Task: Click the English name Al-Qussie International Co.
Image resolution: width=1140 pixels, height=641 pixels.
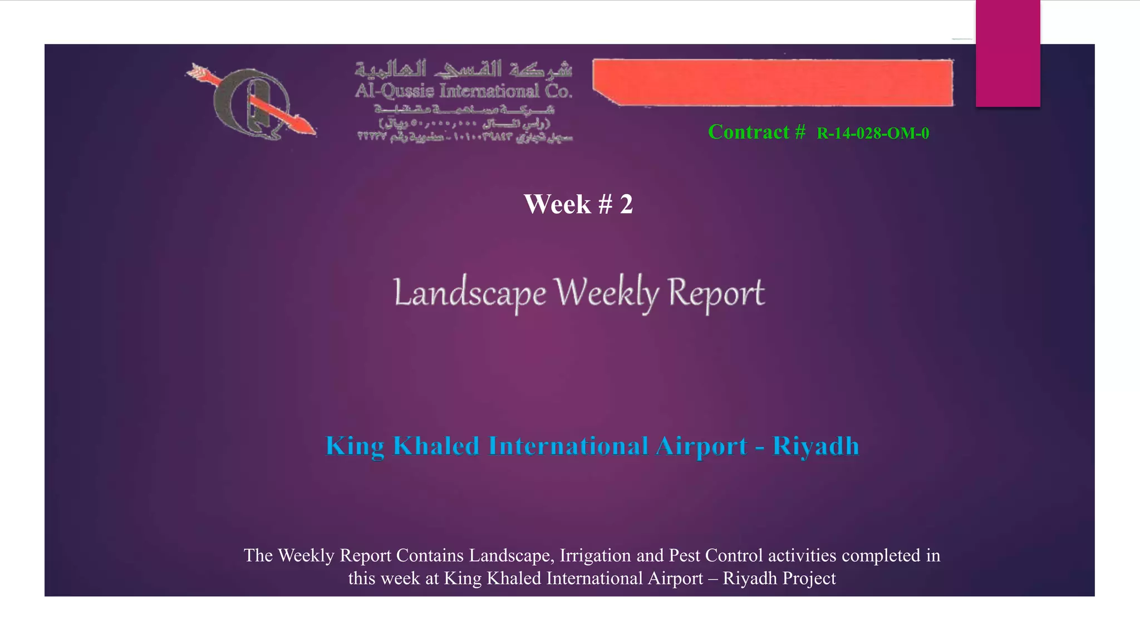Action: (x=464, y=91)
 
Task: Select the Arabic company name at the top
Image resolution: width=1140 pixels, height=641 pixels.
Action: (x=464, y=69)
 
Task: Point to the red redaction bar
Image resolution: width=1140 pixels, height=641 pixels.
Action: (x=773, y=82)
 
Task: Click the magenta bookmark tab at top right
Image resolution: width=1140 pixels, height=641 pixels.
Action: (x=1008, y=53)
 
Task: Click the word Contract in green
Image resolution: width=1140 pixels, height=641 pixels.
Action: (x=749, y=132)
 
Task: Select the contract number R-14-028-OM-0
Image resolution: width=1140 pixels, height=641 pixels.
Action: (x=873, y=134)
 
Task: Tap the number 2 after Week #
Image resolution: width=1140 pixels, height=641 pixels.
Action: (x=626, y=205)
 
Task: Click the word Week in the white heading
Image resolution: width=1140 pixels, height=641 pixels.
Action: (x=557, y=205)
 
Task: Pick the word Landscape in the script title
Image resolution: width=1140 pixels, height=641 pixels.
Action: (x=470, y=293)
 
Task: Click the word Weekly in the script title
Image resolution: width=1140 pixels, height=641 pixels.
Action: (x=607, y=293)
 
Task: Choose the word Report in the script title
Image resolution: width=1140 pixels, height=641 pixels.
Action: (x=716, y=293)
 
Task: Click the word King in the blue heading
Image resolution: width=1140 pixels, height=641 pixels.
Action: (x=355, y=446)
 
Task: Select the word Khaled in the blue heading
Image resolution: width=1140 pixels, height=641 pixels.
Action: (x=436, y=446)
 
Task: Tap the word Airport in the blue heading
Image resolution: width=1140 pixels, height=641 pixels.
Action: (x=701, y=446)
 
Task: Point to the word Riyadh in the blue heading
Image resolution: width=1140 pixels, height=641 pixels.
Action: (x=815, y=446)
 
